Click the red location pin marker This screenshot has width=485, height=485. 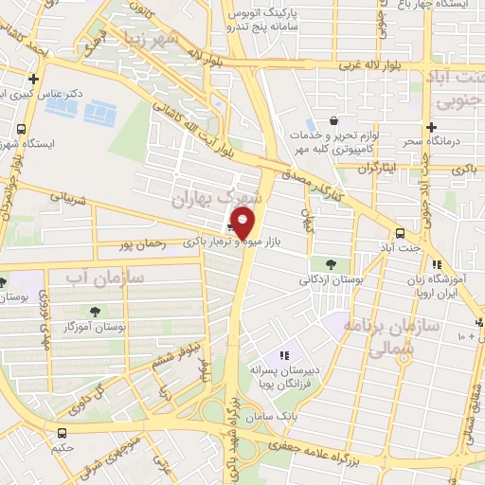click(x=243, y=225)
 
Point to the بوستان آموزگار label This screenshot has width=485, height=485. click(x=96, y=327)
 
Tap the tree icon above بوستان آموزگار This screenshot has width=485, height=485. click(x=96, y=311)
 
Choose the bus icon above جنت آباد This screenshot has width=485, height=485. click(x=401, y=232)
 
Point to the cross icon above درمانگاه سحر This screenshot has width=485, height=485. click(x=431, y=127)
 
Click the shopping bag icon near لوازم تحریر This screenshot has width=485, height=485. click(x=333, y=121)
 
